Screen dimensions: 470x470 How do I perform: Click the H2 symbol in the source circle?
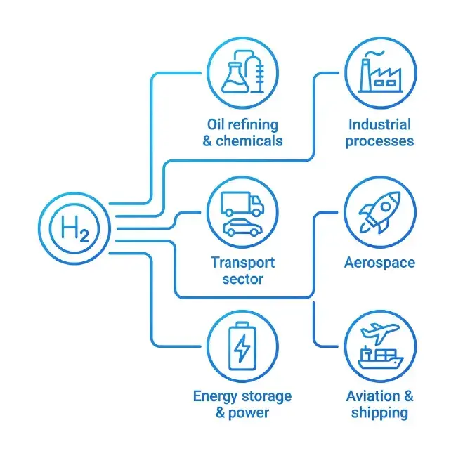75,228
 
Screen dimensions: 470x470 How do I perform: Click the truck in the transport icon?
242,204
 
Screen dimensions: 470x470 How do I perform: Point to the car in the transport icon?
243,227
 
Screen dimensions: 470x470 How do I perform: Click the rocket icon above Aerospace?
380,212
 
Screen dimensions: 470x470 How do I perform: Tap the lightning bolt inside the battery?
242,348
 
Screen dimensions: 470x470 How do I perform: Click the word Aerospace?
380,263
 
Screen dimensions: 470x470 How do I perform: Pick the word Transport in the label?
243,263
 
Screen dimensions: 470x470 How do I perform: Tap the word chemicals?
249,141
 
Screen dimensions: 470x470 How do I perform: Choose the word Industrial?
380,124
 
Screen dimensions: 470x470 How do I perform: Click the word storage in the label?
266,396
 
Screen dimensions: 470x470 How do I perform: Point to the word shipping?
380,413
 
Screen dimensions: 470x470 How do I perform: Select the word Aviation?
373,396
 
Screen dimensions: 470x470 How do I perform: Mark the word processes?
380,141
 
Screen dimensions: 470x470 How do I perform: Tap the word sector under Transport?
243,280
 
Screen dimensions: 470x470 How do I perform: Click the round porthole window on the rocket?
386,207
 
